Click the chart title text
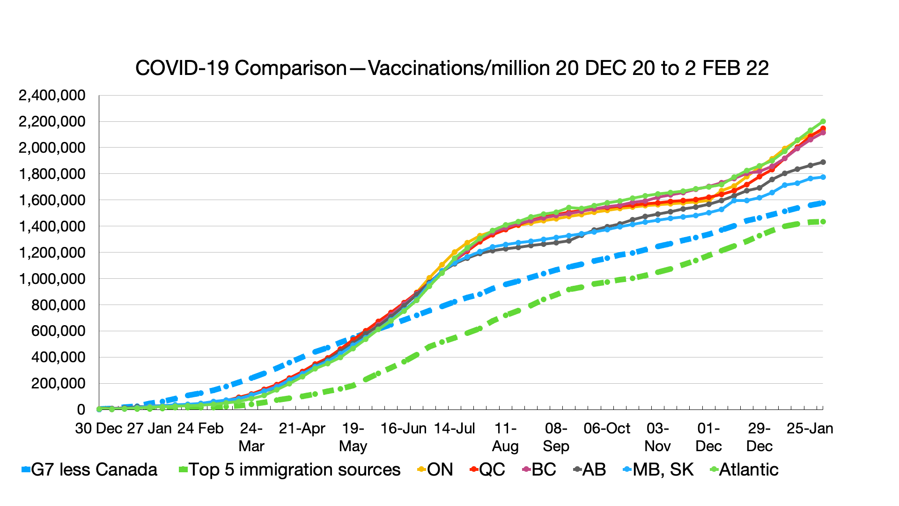tap(452, 68)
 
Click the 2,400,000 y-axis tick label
tap(52, 96)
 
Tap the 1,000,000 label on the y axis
tap(52, 279)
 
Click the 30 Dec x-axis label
tap(99, 429)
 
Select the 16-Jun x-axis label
tap(404, 429)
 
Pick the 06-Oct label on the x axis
tap(607, 429)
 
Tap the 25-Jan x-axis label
tap(810, 429)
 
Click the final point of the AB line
tap(823, 162)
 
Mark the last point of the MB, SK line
tap(823, 177)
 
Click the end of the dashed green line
tap(823, 222)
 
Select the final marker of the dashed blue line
tap(823, 203)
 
